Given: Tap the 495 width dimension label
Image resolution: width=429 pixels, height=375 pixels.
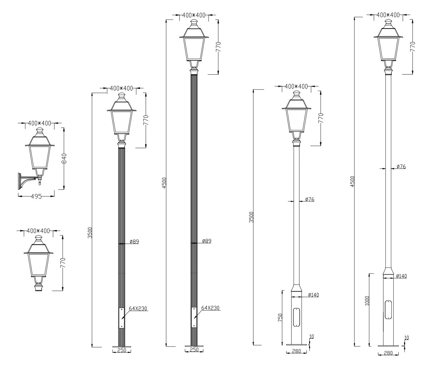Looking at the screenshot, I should [x=36, y=197].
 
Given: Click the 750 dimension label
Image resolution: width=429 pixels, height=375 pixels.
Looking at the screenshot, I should [x=280, y=318].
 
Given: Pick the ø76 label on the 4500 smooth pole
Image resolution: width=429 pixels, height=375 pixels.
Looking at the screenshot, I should [x=401, y=167].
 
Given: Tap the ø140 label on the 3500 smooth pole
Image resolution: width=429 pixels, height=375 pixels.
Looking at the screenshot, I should [x=313, y=295].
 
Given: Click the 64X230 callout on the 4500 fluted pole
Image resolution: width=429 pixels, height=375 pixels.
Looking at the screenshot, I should [x=210, y=308].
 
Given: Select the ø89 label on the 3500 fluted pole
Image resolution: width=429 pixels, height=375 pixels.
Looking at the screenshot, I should [x=134, y=242].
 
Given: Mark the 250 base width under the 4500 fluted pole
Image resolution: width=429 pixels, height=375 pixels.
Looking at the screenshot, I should [x=194, y=350].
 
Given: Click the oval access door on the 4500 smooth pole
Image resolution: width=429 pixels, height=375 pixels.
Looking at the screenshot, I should [x=388, y=310].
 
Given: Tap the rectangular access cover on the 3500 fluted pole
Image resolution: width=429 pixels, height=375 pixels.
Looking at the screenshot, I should [x=121, y=318].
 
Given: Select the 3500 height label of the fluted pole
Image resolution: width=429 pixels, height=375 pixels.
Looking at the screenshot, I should [x=90, y=233].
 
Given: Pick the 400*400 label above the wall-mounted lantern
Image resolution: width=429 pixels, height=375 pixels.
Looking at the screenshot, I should [x=39, y=123].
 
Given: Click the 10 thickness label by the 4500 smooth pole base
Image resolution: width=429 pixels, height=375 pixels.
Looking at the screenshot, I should [x=406, y=338].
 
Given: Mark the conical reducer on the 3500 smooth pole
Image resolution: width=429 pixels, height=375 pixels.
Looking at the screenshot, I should [x=296, y=288].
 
